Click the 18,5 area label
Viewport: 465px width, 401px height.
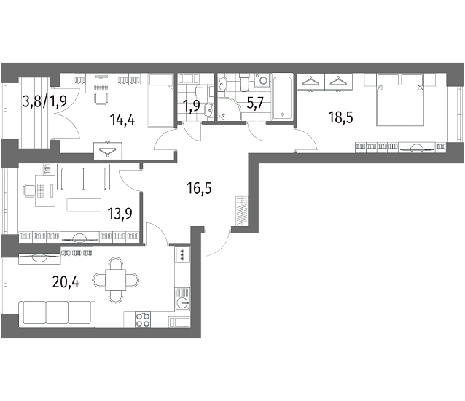[x=340, y=117]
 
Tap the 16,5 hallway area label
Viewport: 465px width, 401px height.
[x=199, y=188]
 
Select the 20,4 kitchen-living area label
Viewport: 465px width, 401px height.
[x=66, y=282]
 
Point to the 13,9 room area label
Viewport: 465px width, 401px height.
[x=120, y=213]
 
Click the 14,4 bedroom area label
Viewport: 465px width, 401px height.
[x=122, y=120]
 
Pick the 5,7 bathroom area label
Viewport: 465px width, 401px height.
[x=256, y=104]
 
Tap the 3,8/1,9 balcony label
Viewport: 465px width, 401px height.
[x=44, y=101]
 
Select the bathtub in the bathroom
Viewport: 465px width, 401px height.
[x=282, y=97]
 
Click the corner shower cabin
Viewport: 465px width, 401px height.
[x=229, y=109]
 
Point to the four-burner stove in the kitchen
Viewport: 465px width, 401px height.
[x=143, y=319]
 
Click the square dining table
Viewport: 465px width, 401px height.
[x=116, y=280]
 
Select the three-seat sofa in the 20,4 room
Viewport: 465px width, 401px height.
[x=57, y=314]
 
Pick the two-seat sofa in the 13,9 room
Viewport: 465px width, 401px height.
[x=83, y=177]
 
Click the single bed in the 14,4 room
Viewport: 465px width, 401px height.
[x=160, y=101]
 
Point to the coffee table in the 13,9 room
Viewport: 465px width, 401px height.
[x=84, y=205]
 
